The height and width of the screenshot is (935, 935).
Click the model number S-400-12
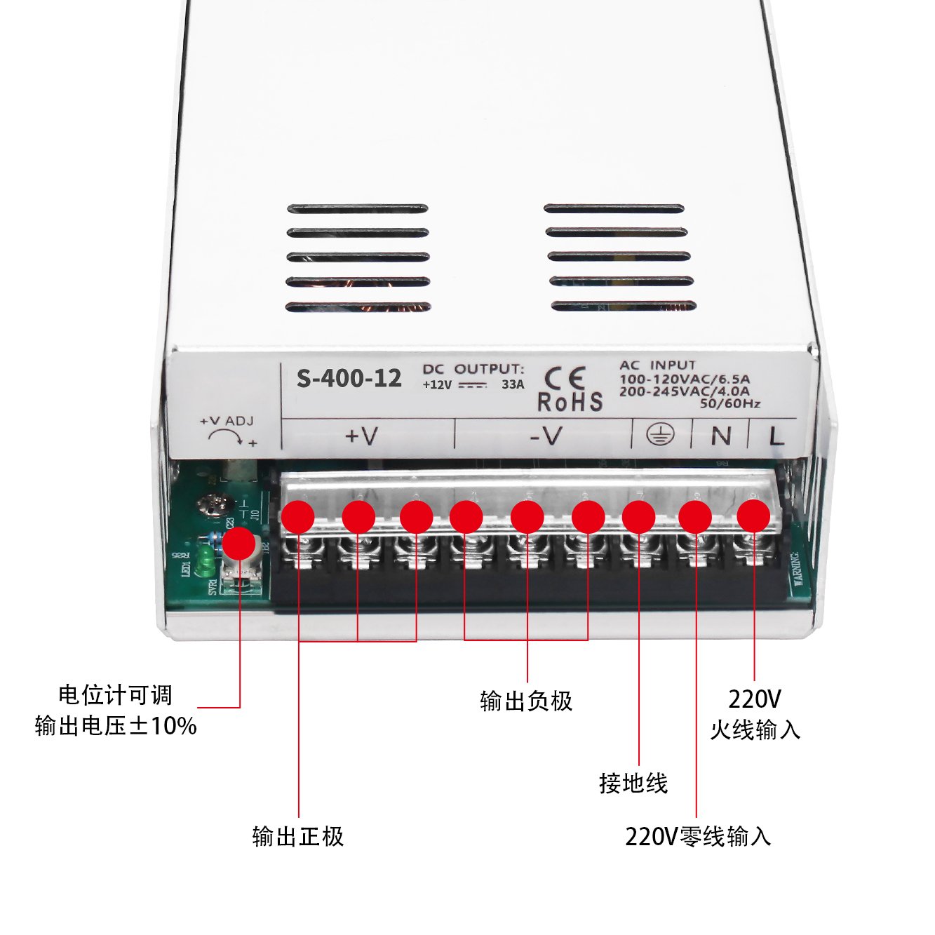pyautogui.click(x=349, y=379)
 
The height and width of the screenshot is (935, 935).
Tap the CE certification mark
pyautogui.click(x=565, y=379)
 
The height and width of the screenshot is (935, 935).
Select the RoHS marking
pyautogui.click(x=570, y=402)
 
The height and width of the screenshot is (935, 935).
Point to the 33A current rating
pyautogui.click(x=513, y=384)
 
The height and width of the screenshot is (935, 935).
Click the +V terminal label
pyautogui.click(x=362, y=436)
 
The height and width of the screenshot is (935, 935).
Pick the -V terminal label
pyautogui.click(x=546, y=436)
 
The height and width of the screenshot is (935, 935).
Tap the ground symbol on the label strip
pyautogui.click(x=660, y=436)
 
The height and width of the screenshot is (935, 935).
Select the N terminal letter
pyautogui.click(x=720, y=436)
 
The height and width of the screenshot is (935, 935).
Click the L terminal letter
pyautogui.click(x=776, y=437)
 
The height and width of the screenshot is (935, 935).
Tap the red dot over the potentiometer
pyautogui.click(x=239, y=544)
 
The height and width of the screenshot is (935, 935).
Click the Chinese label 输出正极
pyautogui.click(x=298, y=836)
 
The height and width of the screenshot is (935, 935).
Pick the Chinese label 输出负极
pyautogui.click(x=526, y=701)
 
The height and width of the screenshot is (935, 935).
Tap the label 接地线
pyautogui.click(x=633, y=783)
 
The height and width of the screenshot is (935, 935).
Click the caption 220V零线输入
pyautogui.click(x=698, y=836)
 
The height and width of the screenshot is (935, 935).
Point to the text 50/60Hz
pyautogui.click(x=730, y=403)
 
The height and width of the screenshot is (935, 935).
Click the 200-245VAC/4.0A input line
pyautogui.click(x=684, y=391)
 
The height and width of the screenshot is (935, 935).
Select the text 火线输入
pyautogui.click(x=755, y=729)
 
